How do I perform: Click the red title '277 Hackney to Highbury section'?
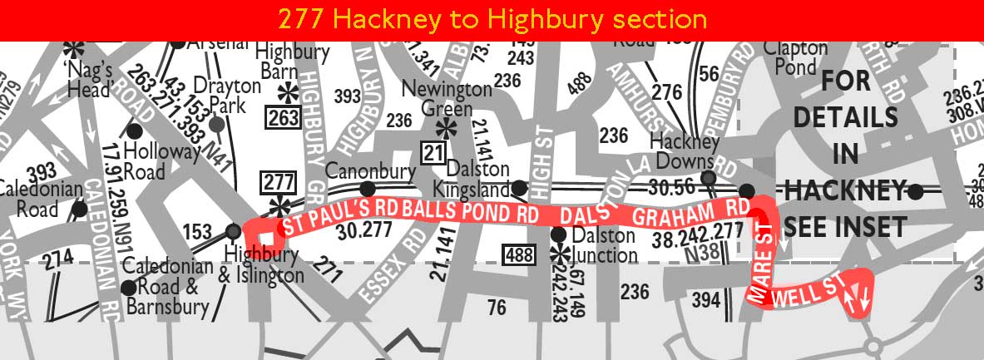[492, 19]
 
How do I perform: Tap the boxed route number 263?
[283, 118]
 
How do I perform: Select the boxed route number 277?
[278, 181]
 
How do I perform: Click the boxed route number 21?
[433, 152]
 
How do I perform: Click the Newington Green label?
[447, 97]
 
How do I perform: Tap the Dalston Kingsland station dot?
[518, 188]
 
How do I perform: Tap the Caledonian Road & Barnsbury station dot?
[128, 288]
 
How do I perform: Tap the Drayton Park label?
[220, 95]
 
